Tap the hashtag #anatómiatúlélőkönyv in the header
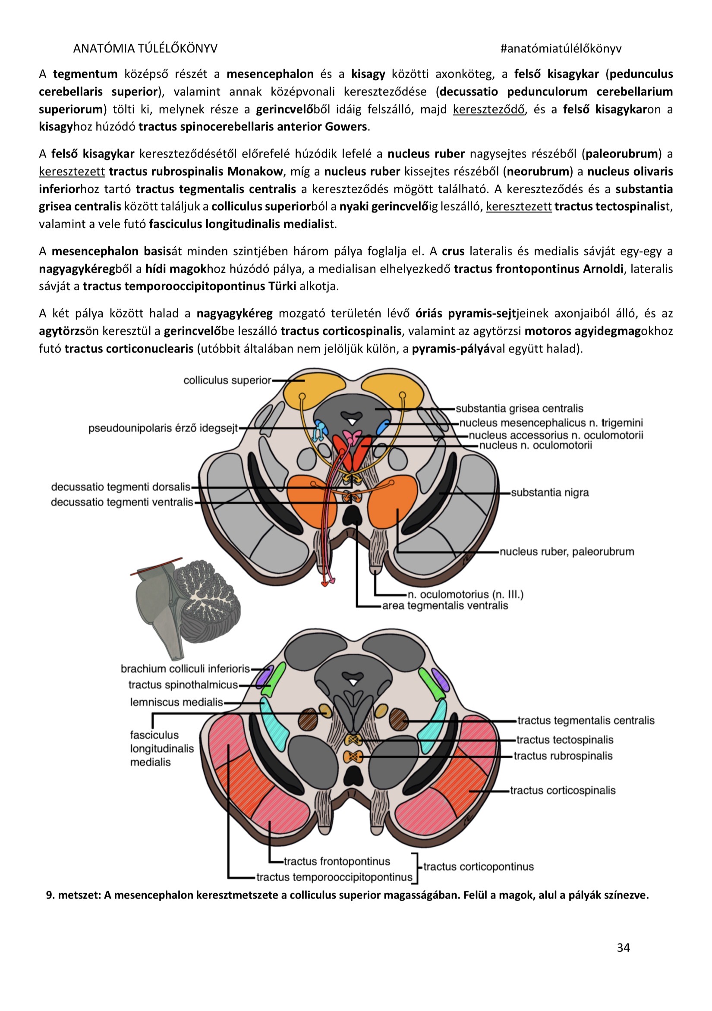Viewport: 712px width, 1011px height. tap(561, 48)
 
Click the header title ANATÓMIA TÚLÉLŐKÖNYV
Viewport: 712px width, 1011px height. tap(145, 48)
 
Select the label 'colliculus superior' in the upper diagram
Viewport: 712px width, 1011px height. tap(227, 380)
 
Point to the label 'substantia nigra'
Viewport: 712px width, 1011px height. tap(549, 492)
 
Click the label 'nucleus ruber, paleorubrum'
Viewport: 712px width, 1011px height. tap(567, 552)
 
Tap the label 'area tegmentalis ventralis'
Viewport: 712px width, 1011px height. tap(444, 606)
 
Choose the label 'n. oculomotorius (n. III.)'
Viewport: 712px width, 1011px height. tap(465, 594)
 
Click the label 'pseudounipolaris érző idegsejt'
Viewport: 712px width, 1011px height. tap(163, 428)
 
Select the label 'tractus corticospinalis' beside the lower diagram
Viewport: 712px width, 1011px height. tap(562, 791)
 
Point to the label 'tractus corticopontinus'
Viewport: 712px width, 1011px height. tap(478, 867)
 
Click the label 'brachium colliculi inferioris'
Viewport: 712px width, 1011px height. tap(185, 669)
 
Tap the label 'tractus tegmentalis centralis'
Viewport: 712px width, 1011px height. tap(586, 721)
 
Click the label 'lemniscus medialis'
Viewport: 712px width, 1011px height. tap(176, 702)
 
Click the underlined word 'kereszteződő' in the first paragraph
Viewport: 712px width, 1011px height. tap(488, 109)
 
